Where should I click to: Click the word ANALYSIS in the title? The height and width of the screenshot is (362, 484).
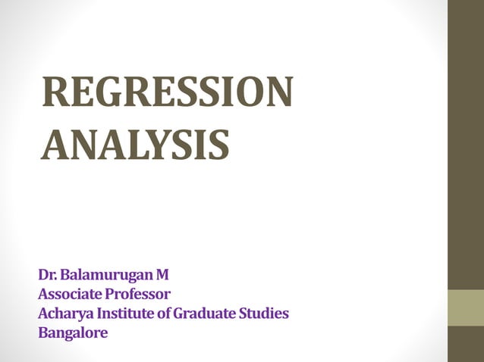134,144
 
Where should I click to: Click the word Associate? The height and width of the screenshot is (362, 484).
71,293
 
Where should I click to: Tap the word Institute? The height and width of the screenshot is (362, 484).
122,313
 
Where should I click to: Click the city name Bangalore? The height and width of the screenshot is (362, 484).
73,332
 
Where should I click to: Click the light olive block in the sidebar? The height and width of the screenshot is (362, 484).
465,307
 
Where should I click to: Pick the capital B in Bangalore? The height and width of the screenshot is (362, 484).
42,332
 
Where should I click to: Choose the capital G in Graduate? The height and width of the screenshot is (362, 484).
178,313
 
